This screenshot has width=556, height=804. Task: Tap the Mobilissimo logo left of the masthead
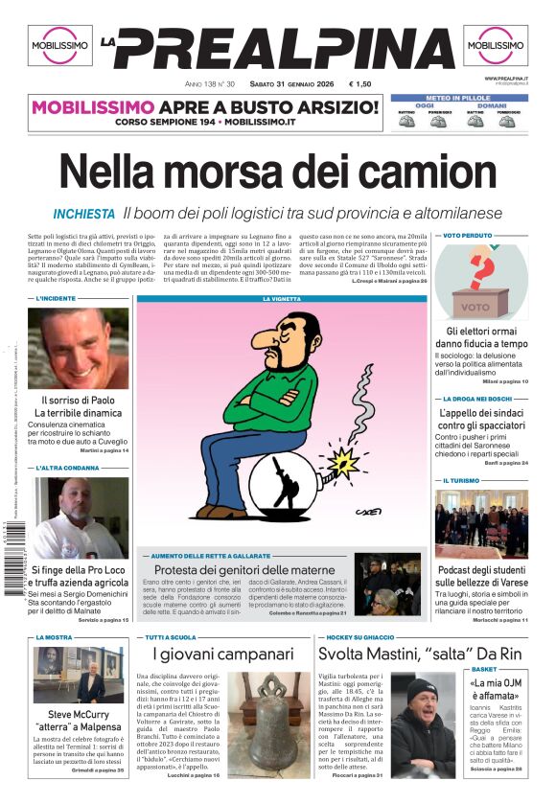pos(59,45)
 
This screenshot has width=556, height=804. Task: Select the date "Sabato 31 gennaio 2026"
pos(287,82)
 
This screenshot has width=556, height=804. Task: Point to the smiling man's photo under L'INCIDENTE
pos(78,348)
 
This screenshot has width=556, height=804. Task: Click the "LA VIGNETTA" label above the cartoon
pos(281,299)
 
